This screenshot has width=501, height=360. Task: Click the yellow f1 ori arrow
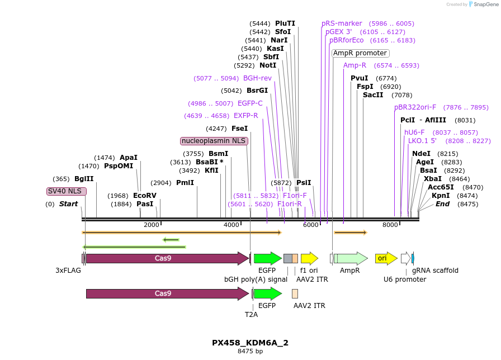click(309, 258)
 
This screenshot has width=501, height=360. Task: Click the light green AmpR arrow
click(351, 258)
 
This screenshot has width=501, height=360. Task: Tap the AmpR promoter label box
click(360, 53)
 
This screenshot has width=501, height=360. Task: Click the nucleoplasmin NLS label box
click(214, 141)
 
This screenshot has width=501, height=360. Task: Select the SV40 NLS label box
click(66, 191)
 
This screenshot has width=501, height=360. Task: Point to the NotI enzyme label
click(268, 65)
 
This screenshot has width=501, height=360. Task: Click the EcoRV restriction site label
click(145, 196)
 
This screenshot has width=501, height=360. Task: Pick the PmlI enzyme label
click(185, 183)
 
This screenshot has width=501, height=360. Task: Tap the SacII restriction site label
click(373, 95)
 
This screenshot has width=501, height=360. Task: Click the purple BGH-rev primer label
click(257, 78)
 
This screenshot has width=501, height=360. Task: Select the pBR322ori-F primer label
click(415, 107)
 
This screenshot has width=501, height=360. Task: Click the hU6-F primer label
click(414, 132)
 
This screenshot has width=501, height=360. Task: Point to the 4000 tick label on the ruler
click(231, 225)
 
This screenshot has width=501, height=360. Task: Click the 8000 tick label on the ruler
click(390, 225)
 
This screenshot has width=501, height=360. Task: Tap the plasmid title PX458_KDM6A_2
click(250, 343)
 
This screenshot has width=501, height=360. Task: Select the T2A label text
click(252, 315)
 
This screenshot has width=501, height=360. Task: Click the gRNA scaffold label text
click(435, 271)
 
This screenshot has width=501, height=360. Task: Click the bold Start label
click(69, 204)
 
